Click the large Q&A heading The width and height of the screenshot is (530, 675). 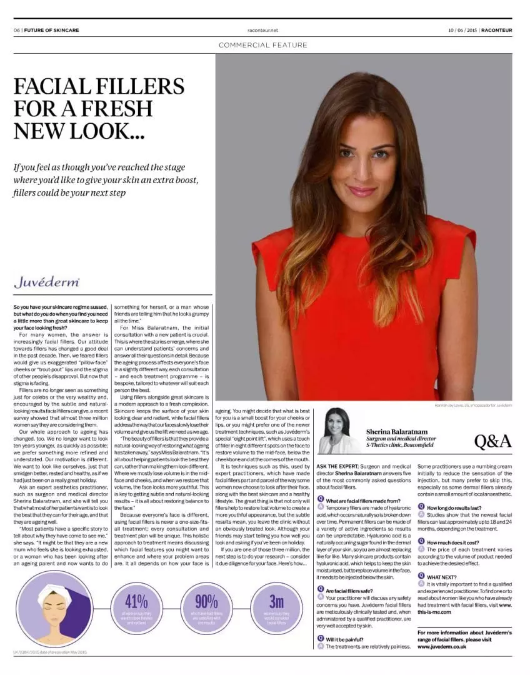492,441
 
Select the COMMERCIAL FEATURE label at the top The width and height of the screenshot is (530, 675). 263,45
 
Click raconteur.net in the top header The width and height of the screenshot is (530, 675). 262,29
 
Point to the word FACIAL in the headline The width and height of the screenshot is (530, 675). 56,86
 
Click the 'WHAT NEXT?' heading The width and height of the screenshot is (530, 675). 442,576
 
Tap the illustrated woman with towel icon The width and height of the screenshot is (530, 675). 55,608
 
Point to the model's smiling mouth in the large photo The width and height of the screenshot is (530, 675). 362,191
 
